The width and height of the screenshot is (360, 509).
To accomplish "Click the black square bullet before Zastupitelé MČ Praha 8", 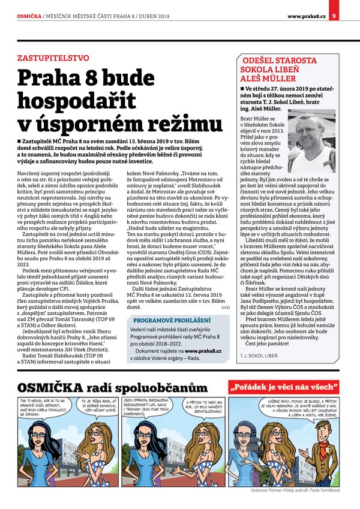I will (20, 139).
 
